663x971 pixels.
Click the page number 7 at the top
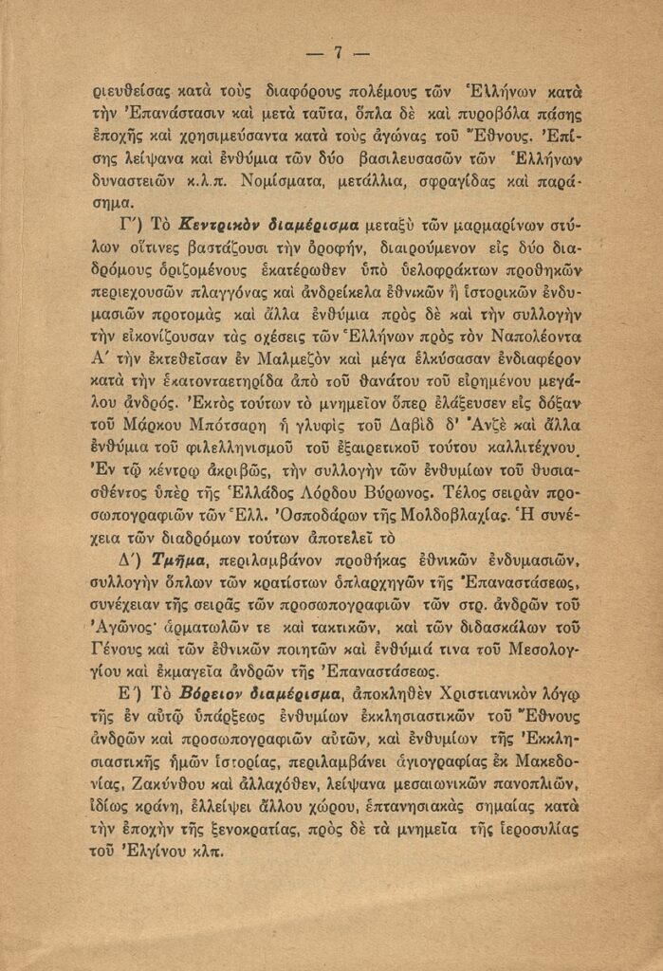(336, 52)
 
